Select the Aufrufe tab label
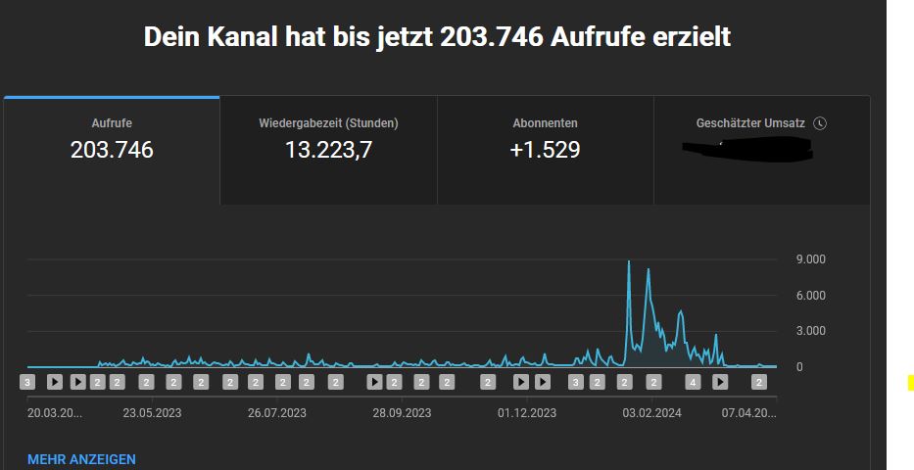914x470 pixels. point(112,123)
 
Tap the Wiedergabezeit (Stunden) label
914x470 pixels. point(328,123)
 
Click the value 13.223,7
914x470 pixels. point(328,150)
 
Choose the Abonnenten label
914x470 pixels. point(545,123)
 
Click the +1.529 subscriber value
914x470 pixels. point(545,150)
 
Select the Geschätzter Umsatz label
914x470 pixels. point(750,123)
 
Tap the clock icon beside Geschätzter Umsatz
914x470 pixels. point(820,123)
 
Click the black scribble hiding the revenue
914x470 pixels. point(749,150)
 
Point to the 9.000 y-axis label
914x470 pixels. point(810,259)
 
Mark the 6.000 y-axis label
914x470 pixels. point(810,296)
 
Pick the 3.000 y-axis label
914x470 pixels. point(810,331)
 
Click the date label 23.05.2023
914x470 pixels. point(152,413)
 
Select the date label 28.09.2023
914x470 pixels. point(402,413)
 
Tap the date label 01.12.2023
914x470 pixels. point(527,413)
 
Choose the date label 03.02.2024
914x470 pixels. point(652,413)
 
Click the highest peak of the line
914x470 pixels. point(629,261)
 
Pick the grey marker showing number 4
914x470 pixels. point(693,382)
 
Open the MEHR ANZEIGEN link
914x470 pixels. point(81,459)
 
